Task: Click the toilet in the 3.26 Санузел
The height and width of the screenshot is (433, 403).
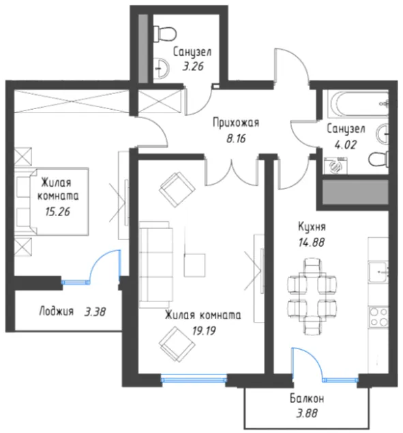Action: click(164, 34)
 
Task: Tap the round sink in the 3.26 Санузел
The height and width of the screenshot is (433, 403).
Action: click(161, 68)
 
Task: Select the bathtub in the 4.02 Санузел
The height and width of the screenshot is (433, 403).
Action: click(358, 105)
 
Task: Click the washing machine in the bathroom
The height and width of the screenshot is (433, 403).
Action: click(336, 166)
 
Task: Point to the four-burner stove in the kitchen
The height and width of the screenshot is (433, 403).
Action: click(378, 317)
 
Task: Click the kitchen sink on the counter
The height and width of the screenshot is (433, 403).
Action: click(378, 273)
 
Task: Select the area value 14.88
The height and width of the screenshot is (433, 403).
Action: click(312, 243)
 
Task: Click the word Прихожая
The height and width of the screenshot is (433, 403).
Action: click(236, 123)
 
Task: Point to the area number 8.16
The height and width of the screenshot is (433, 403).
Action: click(236, 138)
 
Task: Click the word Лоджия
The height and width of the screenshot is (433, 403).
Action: click(57, 311)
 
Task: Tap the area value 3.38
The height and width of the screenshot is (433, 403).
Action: click(95, 312)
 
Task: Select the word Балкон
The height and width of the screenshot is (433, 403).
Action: click(307, 398)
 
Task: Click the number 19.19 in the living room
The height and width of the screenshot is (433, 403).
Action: click(204, 331)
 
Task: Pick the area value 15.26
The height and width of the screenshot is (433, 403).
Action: click(58, 212)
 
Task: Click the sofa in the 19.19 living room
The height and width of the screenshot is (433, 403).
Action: click(155, 265)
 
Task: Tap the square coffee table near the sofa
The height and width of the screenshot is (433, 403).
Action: click(194, 265)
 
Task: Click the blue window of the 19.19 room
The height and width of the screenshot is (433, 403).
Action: click(194, 378)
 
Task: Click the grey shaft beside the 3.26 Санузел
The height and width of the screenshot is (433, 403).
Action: click(143, 48)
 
